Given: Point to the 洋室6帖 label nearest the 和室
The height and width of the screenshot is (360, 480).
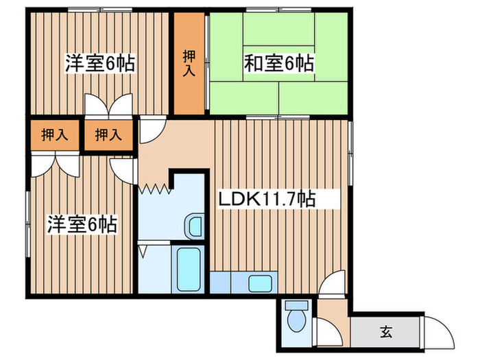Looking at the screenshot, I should tap(99, 63).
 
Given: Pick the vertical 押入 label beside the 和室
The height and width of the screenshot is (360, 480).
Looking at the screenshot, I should tap(188, 62).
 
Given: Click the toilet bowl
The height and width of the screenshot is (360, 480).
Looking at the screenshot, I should tap(298, 321).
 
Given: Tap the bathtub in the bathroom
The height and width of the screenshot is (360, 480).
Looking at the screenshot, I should tap(188, 269).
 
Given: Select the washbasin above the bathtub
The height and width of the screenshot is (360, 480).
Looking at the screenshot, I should tap(194, 226).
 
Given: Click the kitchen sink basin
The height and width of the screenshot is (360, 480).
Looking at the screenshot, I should tap(261, 283).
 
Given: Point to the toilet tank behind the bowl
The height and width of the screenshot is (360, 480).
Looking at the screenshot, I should tap(298, 306).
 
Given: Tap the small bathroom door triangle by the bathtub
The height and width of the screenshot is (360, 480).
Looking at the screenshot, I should tap(142, 250).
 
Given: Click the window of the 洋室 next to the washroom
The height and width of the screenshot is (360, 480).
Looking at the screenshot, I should tap(27, 215).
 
